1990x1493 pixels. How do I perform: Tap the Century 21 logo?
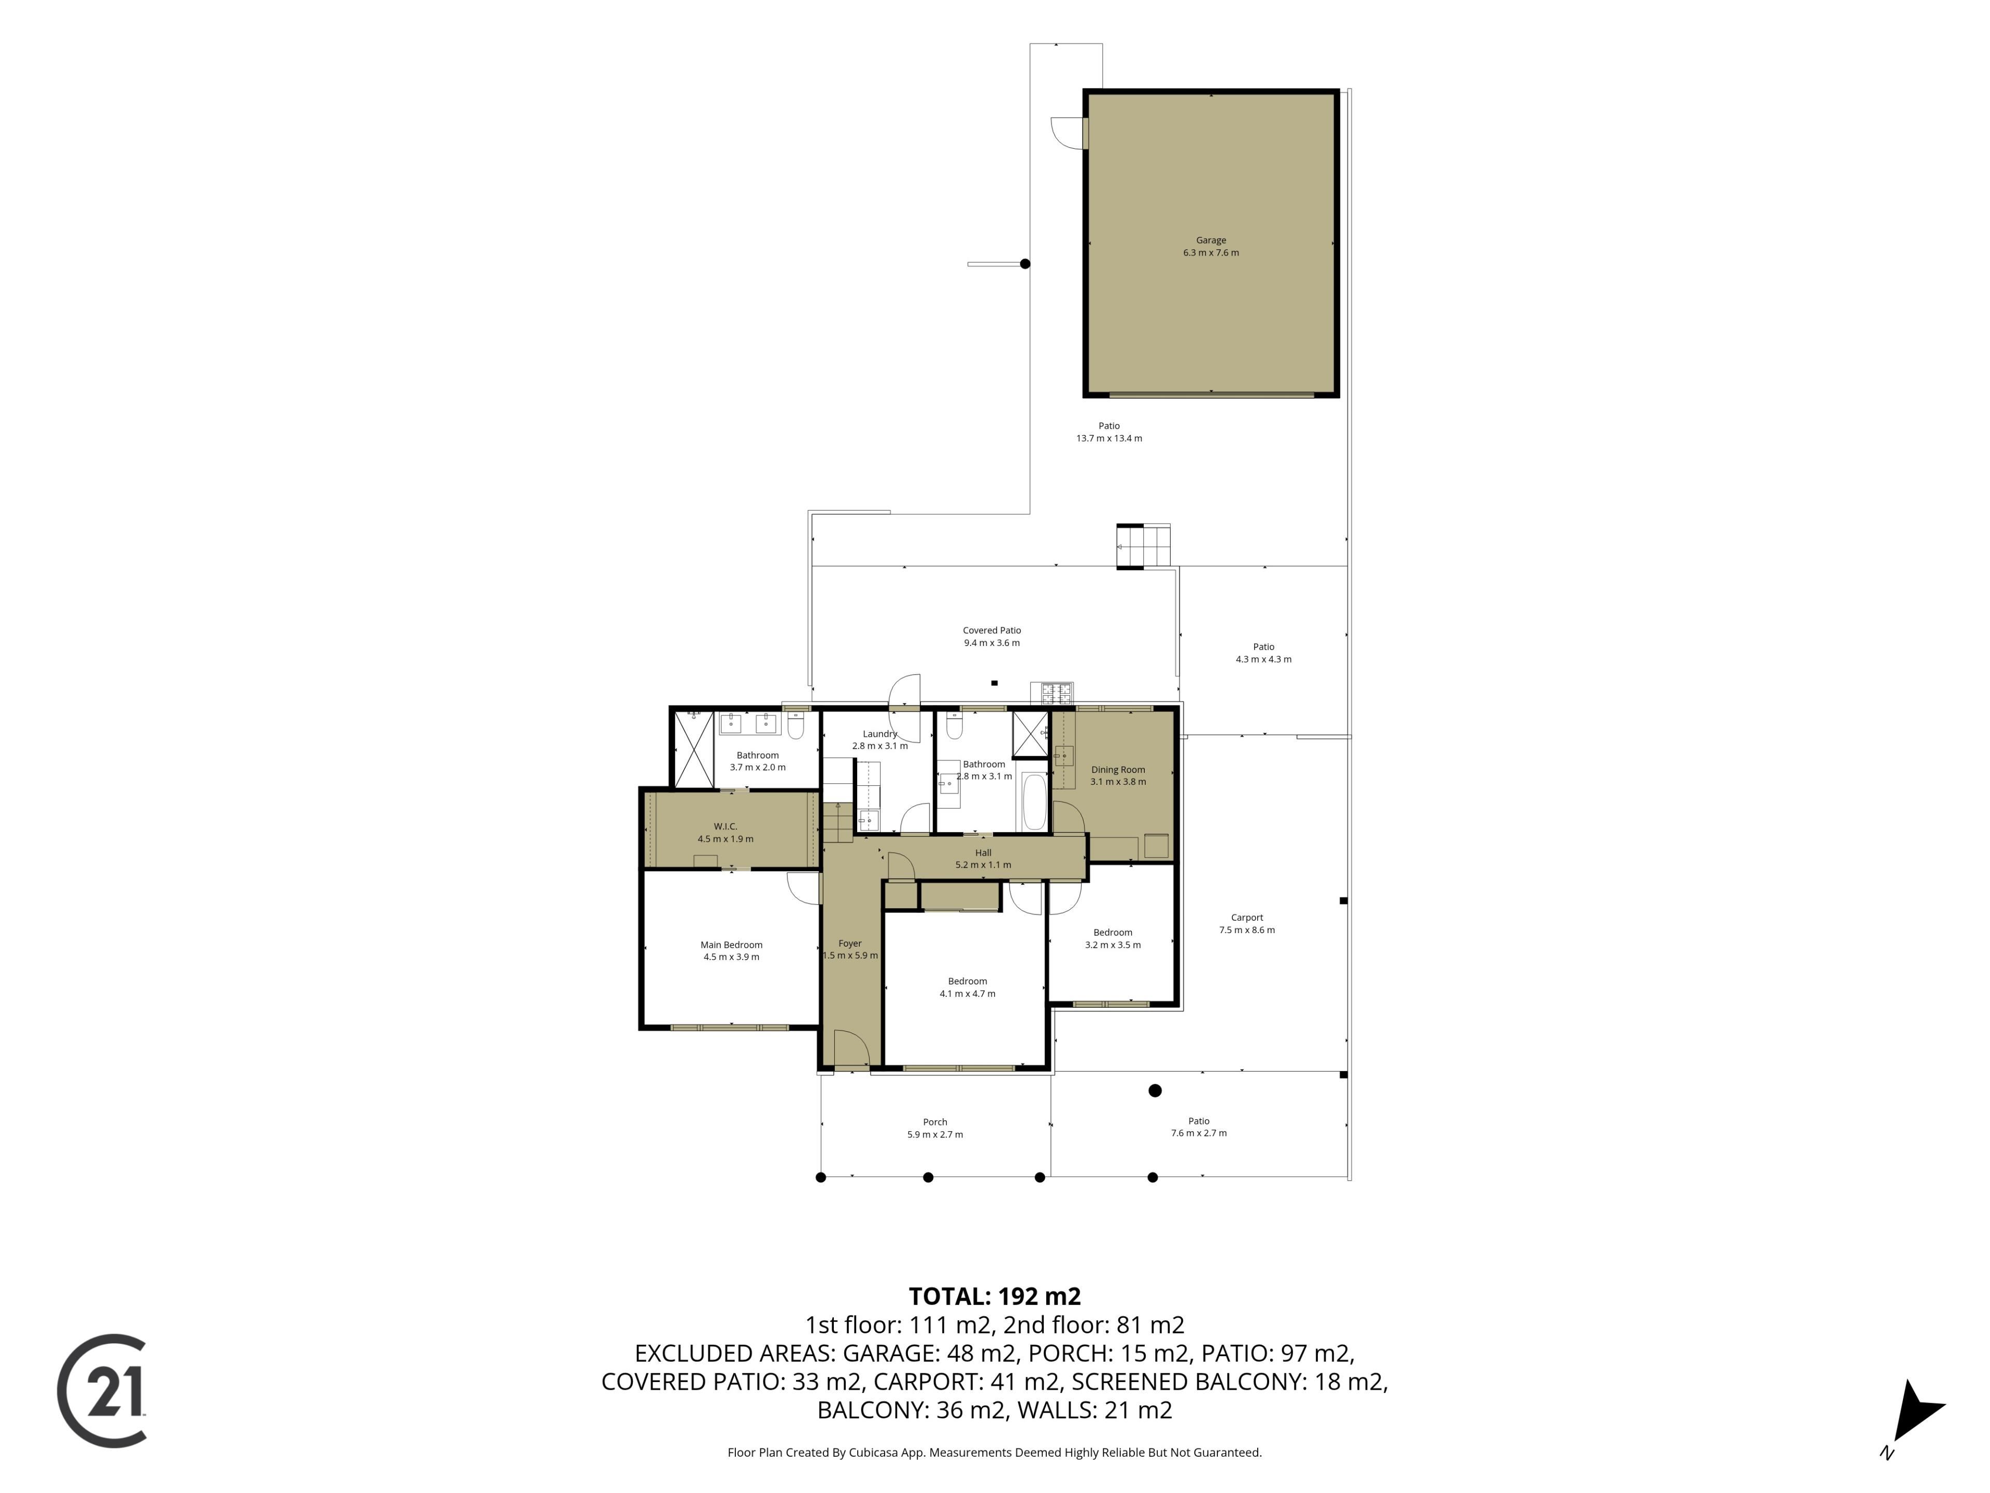coord(102,1390)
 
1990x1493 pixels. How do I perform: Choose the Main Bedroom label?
coord(731,945)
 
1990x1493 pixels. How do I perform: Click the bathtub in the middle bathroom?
coord(1034,802)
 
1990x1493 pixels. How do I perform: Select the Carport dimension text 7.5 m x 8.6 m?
coord(1247,929)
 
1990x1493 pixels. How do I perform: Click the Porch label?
coord(935,1122)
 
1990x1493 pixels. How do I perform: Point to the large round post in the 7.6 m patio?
coord(1155,1091)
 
